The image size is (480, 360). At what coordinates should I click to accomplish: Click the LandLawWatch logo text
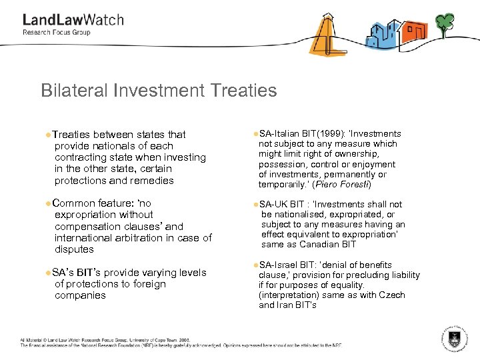(x=73, y=19)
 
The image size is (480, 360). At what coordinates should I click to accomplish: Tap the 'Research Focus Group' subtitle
(x=56, y=32)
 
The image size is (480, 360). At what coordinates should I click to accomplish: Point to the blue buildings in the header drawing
(x=382, y=34)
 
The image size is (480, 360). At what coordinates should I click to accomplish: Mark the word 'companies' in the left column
(x=80, y=295)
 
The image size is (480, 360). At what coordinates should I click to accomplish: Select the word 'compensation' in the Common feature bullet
(x=88, y=227)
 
